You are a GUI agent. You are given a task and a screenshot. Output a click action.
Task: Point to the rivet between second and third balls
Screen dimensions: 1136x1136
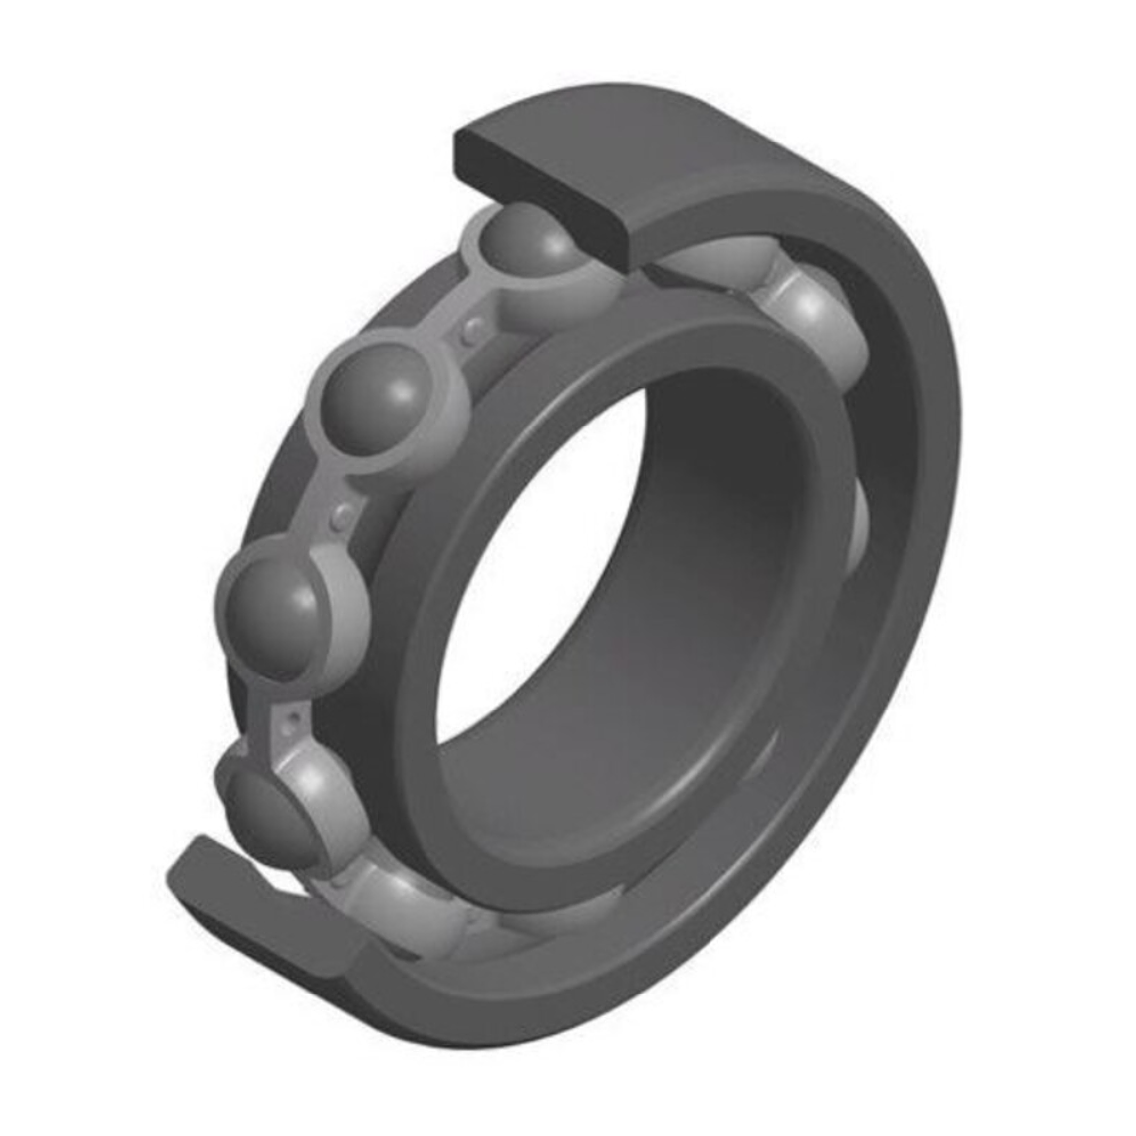tap(342, 513)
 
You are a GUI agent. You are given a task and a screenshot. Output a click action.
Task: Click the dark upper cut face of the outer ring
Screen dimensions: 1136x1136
tap(543, 189)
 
